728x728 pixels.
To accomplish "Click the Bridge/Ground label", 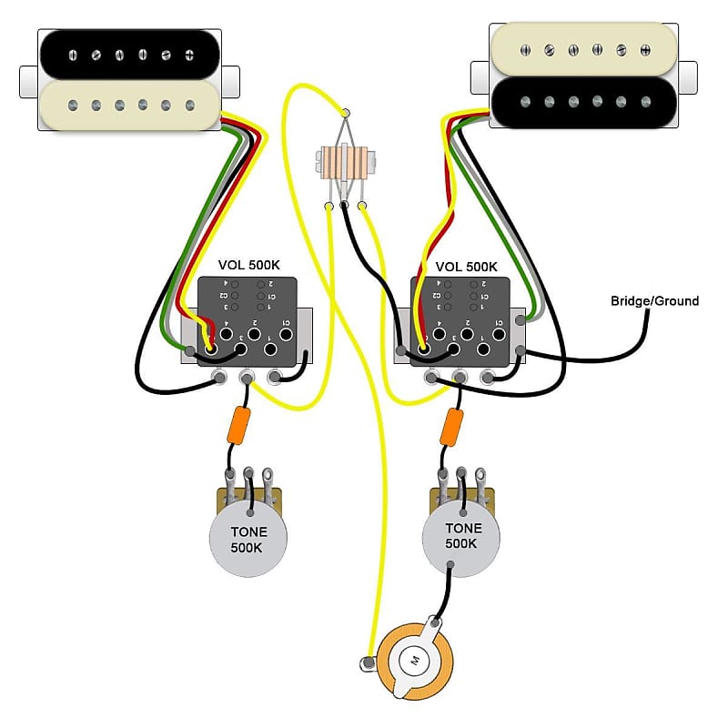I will [654, 300].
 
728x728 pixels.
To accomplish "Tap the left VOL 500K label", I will [249, 265].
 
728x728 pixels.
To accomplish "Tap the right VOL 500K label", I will [467, 267].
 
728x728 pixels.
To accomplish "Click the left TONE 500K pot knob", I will [248, 537].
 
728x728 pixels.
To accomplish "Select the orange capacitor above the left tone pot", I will [242, 426].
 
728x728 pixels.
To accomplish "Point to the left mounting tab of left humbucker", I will [28, 80].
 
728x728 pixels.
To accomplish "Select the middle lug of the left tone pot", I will [249, 474].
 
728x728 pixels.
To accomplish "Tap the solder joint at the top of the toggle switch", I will [345, 112].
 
